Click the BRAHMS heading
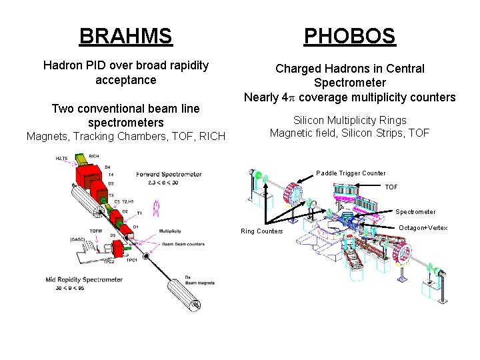125,35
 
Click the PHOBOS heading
349,35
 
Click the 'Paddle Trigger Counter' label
351,173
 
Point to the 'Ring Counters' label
262,231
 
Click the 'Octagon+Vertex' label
423,228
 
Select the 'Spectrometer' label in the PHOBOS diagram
415,212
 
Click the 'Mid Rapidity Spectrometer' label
84,279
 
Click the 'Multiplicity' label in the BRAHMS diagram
170,231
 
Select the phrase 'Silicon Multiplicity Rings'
349,120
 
